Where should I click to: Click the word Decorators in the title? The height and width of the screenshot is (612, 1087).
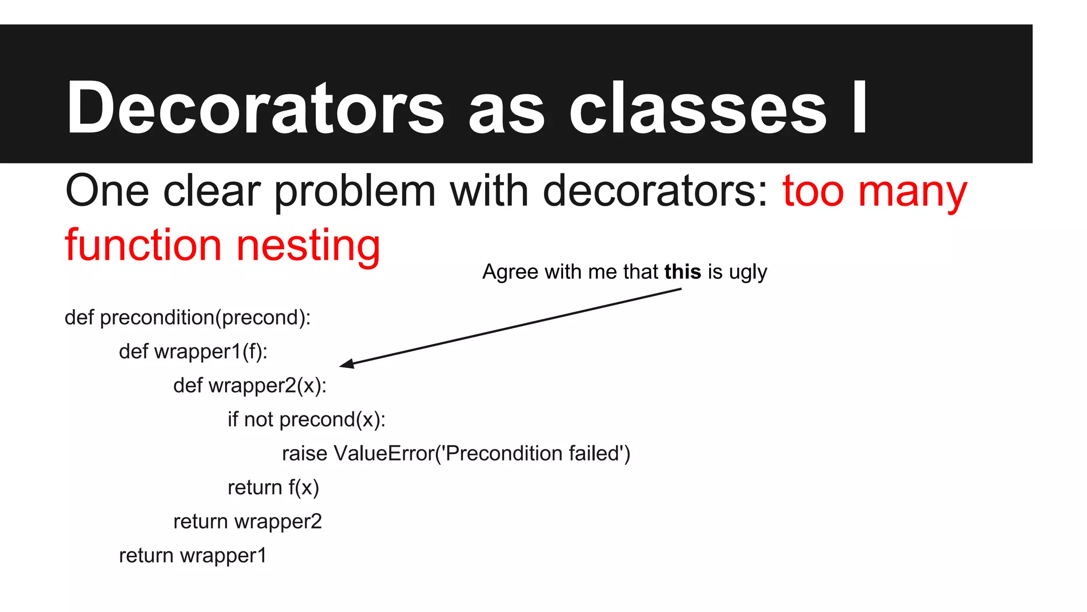[255, 108]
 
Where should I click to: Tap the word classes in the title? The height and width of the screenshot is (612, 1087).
[697, 108]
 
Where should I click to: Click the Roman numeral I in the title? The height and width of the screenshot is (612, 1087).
[860, 108]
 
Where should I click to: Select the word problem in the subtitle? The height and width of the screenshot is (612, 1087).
[355, 192]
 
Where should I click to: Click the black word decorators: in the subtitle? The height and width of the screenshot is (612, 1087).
[655, 191]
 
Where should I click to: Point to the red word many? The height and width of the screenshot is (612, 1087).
[913, 192]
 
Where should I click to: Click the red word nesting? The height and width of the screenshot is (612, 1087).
[308, 246]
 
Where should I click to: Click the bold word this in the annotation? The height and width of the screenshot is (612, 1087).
[683, 272]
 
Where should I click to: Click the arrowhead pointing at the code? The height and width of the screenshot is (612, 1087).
[346, 364]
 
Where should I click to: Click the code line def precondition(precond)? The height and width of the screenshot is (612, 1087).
[187, 318]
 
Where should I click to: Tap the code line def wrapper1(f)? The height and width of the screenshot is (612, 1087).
[193, 352]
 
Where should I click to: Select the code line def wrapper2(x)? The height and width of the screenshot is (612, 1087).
[250, 386]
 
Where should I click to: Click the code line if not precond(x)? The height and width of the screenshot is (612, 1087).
[306, 420]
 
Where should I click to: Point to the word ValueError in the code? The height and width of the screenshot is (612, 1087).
[384, 454]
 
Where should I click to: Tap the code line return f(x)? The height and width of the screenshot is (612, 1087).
[273, 488]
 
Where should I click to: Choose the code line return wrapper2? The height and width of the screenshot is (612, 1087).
[247, 522]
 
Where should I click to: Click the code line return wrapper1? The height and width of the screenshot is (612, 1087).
[193, 556]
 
